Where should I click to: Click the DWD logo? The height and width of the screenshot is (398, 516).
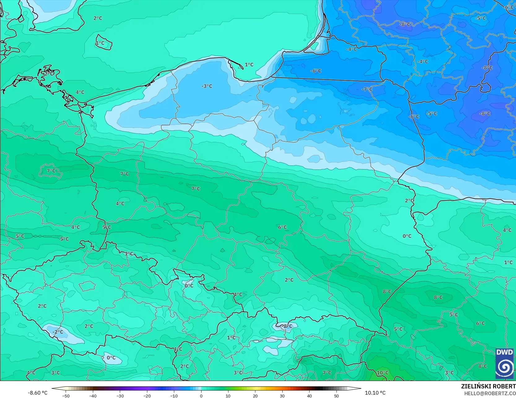pyautogui.click(x=505, y=363)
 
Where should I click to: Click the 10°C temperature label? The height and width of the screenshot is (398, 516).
pyautogui.click(x=382, y=373)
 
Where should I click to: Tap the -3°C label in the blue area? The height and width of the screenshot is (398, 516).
pyautogui.click(x=207, y=86)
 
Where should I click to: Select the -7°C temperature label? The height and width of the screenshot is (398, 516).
pyautogui.click(x=367, y=89)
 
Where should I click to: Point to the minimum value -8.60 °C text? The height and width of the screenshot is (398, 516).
pyautogui.click(x=38, y=393)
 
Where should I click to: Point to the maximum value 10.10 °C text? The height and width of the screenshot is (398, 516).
pyautogui.click(x=375, y=393)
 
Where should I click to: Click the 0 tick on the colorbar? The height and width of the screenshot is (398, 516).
pyautogui.click(x=201, y=396)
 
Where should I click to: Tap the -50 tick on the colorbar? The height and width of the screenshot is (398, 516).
pyautogui.click(x=66, y=396)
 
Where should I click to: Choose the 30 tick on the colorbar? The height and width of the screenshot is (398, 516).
pyautogui.click(x=282, y=396)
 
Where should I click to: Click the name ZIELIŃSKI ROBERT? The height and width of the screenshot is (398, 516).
pyautogui.click(x=488, y=386)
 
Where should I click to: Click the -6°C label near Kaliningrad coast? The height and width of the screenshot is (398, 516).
pyautogui.click(x=316, y=71)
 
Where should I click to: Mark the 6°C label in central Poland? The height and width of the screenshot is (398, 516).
pyautogui.click(x=282, y=227)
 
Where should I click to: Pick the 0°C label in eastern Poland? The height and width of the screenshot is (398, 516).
pyautogui.click(x=407, y=236)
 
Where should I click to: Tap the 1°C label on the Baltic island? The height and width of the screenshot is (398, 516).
pyautogui.click(x=100, y=43)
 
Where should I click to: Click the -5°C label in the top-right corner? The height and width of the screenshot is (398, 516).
pyautogui.click(x=480, y=18)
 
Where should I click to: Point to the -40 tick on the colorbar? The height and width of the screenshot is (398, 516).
pyautogui.click(x=93, y=396)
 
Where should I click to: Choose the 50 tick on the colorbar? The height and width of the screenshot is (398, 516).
pyautogui.click(x=336, y=396)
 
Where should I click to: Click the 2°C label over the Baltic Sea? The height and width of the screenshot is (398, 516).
pyautogui.click(x=98, y=18)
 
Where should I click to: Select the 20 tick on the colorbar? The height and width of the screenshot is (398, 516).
pyautogui.click(x=255, y=396)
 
